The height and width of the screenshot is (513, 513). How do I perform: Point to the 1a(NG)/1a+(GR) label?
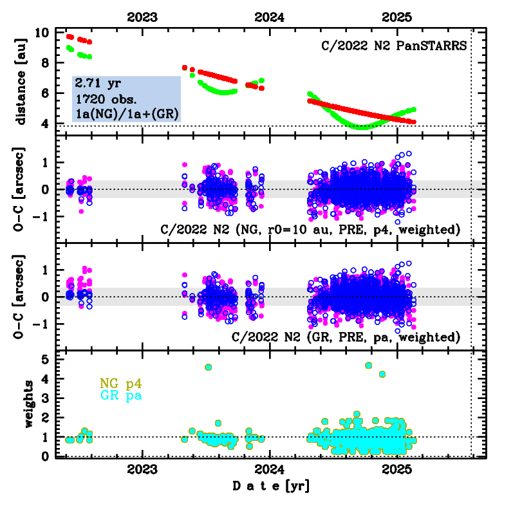pos(126,114)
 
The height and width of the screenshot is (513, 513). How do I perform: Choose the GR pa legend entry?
pos(121,396)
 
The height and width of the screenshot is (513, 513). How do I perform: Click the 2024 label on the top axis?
pos(268,18)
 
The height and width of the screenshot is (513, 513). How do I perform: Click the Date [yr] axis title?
pos(270,485)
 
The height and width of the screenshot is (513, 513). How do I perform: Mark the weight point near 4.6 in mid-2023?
pos(208,367)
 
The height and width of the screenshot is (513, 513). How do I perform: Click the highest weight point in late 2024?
pos(369,365)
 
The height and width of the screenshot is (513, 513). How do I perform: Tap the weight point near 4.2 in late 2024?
pos(382,374)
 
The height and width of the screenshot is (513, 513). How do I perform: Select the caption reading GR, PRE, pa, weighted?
pos(346,337)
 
